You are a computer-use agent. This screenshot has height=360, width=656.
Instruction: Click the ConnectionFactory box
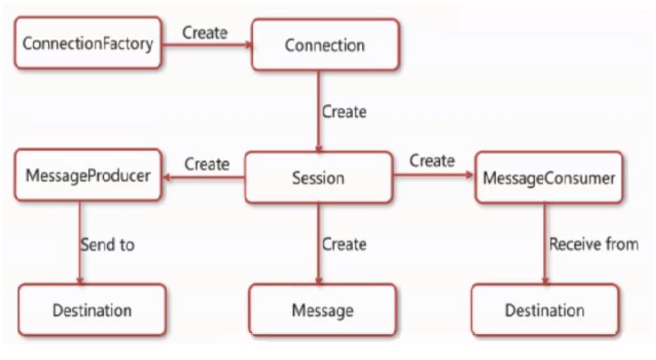pos(88,42)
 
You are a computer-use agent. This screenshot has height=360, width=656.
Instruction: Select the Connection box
pos(325,45)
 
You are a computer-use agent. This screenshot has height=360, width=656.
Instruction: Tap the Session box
pos(318,178)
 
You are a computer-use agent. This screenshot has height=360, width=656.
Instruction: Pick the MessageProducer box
pos(88,175)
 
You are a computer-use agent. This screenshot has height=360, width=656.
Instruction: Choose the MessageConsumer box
pos(549,178)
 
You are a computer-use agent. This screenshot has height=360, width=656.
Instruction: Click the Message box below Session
pos(322,310)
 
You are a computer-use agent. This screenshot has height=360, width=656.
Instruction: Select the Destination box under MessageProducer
pos(92,310)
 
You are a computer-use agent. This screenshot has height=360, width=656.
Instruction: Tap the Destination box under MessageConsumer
pos(545,310)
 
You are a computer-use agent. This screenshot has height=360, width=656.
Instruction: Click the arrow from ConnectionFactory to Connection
pos(207,45)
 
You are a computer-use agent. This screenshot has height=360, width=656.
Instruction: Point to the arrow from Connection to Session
pos(318,111)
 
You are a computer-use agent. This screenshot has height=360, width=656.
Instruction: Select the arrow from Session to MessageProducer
pos(203,178)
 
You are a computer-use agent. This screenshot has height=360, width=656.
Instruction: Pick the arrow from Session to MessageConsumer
pos(433,175)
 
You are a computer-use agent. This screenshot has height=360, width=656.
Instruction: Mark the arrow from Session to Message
pos(318,244)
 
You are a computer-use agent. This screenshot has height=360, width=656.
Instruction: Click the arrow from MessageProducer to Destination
pos(79,242)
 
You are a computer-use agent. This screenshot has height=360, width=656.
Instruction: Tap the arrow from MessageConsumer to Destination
pos(545,244)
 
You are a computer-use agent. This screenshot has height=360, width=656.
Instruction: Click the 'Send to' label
pos(107,244)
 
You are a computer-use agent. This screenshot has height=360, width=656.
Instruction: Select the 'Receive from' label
pos(593,244)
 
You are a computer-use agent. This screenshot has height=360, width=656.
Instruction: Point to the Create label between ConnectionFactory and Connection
pos(205,33)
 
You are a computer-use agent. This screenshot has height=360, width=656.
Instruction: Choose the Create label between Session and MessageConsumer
pos(432,161)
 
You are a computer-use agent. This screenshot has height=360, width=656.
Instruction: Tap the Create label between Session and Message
pos(344,244)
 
